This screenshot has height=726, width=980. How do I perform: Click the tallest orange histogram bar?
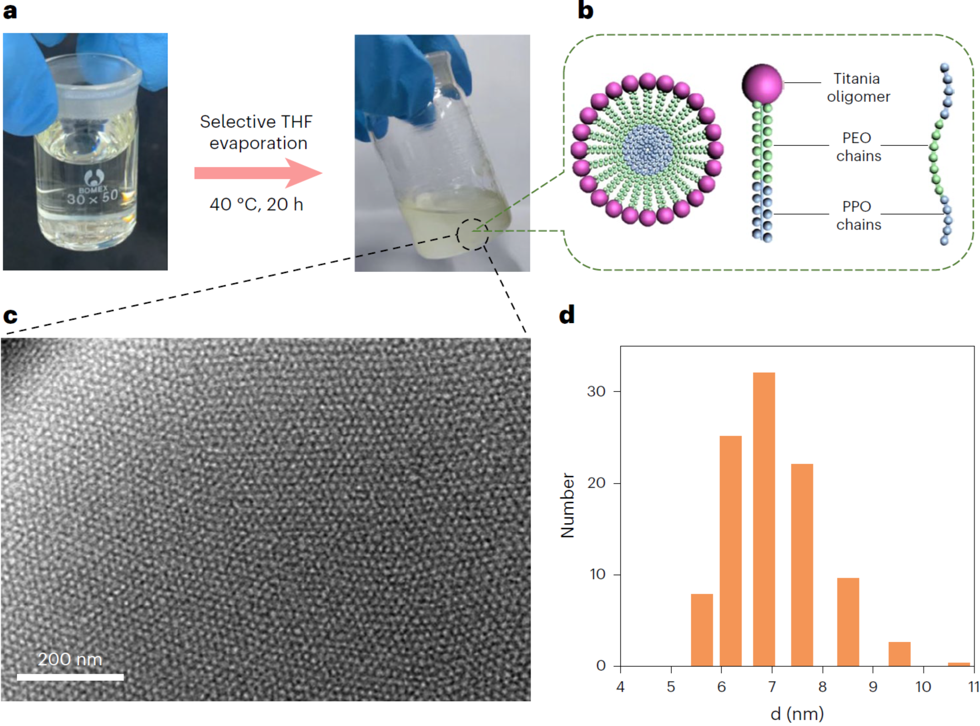pos(764,519)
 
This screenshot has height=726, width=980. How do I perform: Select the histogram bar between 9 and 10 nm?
pos(899,654)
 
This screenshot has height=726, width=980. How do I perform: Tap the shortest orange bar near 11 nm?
pos(958,664)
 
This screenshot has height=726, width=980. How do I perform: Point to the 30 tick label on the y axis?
pos(596,391)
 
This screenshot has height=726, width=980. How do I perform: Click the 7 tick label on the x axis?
pos(771,686)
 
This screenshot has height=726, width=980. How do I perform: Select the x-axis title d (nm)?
pos(797,714)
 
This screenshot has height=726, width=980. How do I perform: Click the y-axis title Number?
pos(567,505)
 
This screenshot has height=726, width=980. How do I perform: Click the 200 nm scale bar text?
pos(70,659)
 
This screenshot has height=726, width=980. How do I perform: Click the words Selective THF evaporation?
pos(257,132)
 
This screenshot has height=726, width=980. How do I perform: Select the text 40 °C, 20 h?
pos(256,204)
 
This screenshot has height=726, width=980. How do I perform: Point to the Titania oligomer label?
pos(858,87)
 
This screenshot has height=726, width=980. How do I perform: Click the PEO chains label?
pos(858,147)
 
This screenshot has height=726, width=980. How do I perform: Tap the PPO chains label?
pos(858,215)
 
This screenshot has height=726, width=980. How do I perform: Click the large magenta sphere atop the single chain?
pos(762,84)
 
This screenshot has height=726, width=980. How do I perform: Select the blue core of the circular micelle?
pos(647,149)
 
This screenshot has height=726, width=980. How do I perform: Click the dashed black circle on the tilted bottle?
pos(472,234)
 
